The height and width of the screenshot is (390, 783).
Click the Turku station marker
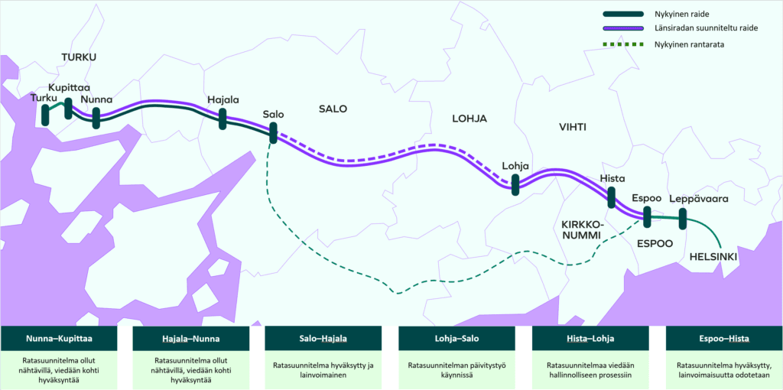pyautogui.click(x=45, y=115)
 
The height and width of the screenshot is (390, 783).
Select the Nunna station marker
pyautogui.click(x=96, y=117)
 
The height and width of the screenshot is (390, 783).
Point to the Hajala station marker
pyautogui.click(x=223, y=119)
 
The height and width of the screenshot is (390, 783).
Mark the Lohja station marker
pyautogui.click(x=515, y=184)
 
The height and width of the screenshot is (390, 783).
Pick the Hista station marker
pyautogui.click(x=611, y=197)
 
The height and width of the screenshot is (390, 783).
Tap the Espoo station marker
pyautogui.click(x=647, y=216)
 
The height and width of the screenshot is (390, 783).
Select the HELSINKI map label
pyautogui.click(x=713, y=256)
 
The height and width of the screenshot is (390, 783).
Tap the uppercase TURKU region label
pyautogui.click(x=79, y=57)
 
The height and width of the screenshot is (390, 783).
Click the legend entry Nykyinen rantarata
pyautogui.click(x=689, y=44)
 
